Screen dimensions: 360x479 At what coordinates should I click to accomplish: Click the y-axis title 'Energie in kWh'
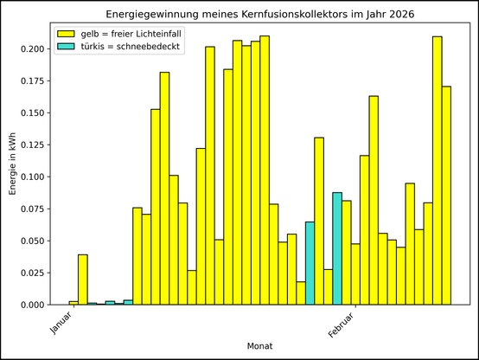tap(13, 164)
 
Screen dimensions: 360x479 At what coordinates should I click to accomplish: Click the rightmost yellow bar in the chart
tap(446, 196)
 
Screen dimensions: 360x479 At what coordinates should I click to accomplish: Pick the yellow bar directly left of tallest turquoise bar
tap(329, 286)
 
